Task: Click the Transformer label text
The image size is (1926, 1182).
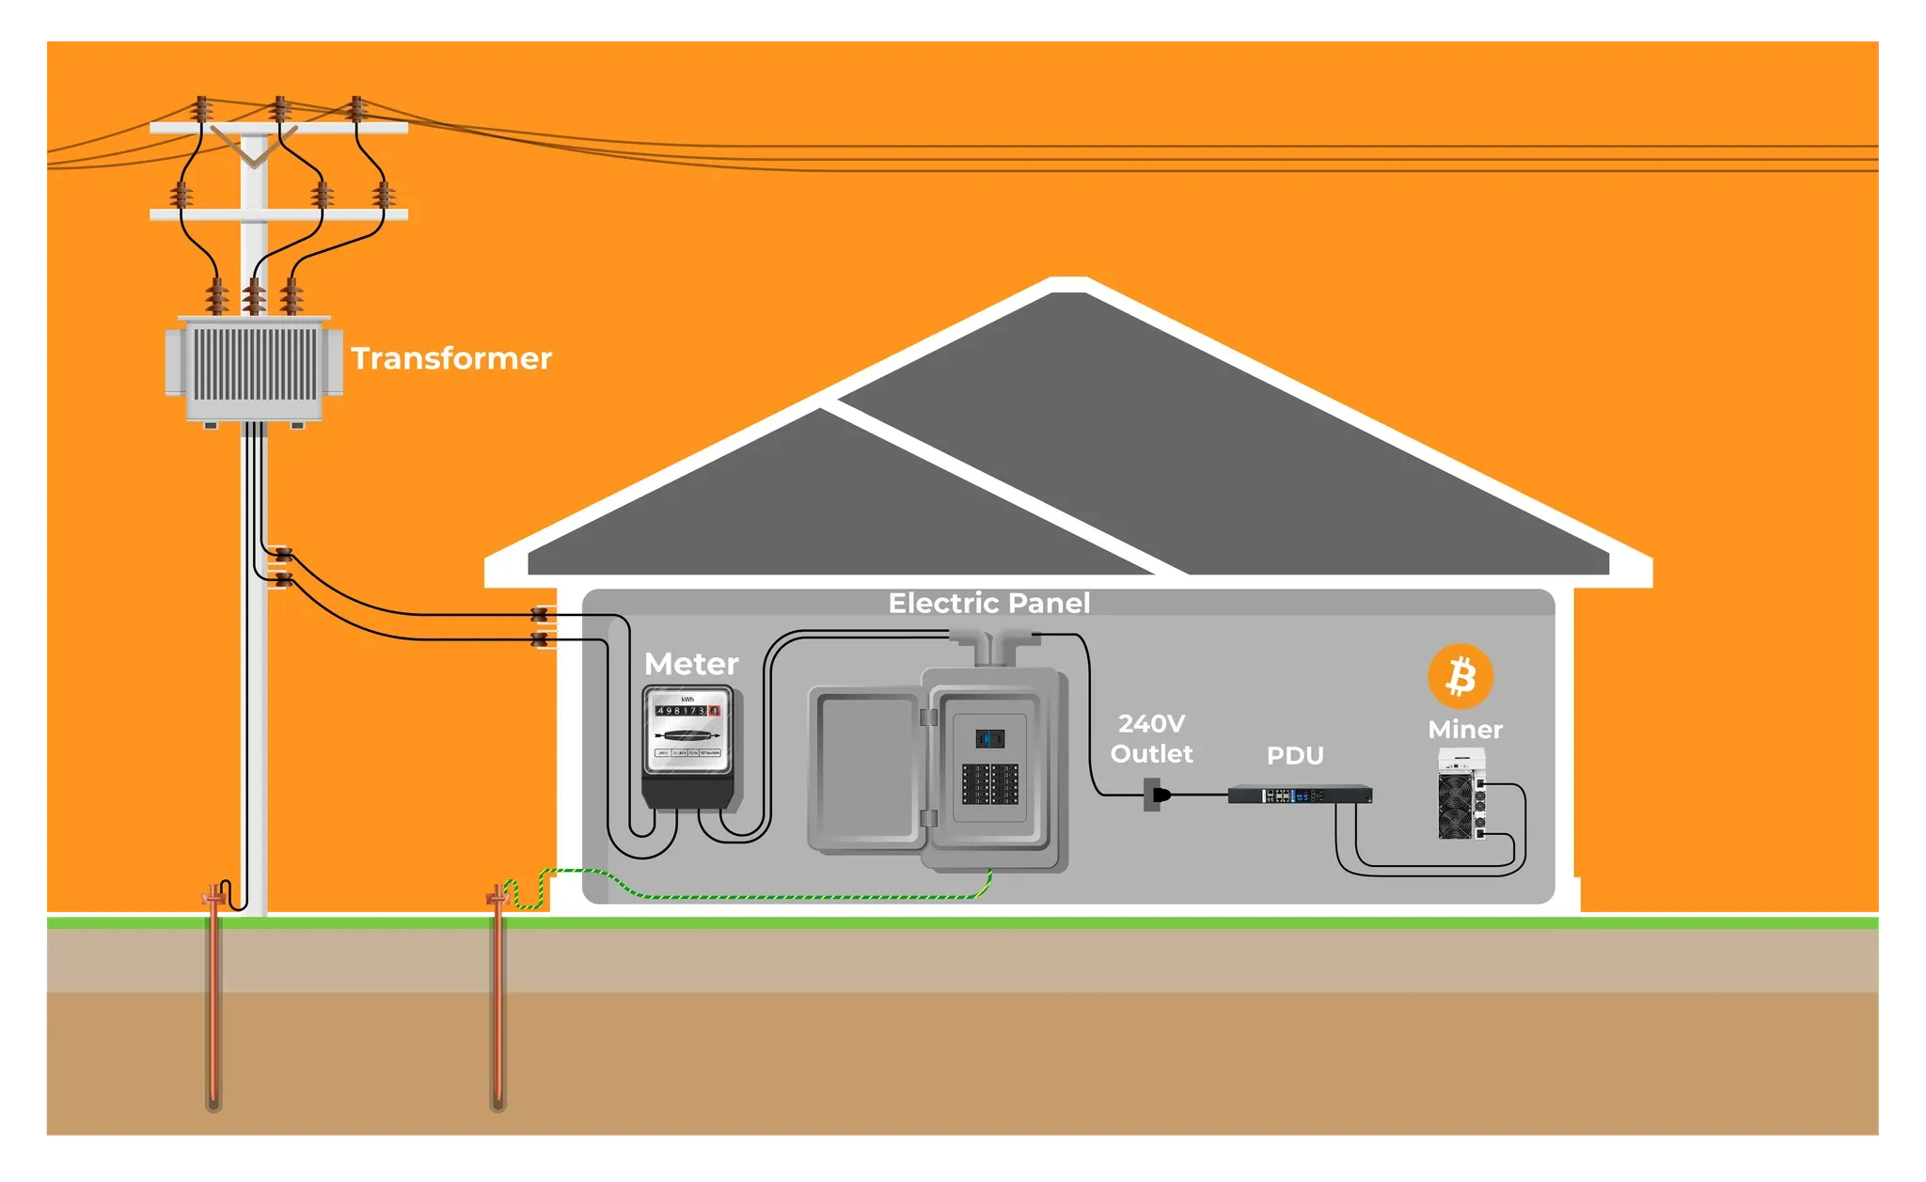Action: click(x=451, y=358)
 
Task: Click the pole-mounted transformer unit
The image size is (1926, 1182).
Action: click(x=254, y=370)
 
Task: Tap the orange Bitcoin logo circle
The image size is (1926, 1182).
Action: click(x=1460, y=676)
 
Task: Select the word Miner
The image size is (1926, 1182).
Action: click(x=1464, y=730)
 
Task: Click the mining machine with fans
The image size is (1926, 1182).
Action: click(x=1460, y=796)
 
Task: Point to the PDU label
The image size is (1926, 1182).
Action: click(x=1295, y=756)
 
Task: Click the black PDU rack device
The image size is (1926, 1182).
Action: click(x=1299, y=795)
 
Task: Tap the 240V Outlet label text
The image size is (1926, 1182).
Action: click(x=1151, y=738)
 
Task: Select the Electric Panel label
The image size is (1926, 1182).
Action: click(x=989, y=603)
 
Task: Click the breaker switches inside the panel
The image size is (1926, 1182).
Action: click(x=989, y=783)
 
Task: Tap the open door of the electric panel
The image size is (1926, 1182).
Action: click(x=865, y=769)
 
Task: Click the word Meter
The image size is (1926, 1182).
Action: click(x=691, y=664)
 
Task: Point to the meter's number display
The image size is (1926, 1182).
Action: click(x=687, y=711)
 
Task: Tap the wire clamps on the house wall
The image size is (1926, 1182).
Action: click(x=539, y=627)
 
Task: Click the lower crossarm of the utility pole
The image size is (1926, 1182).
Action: click(x=278, y=214)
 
